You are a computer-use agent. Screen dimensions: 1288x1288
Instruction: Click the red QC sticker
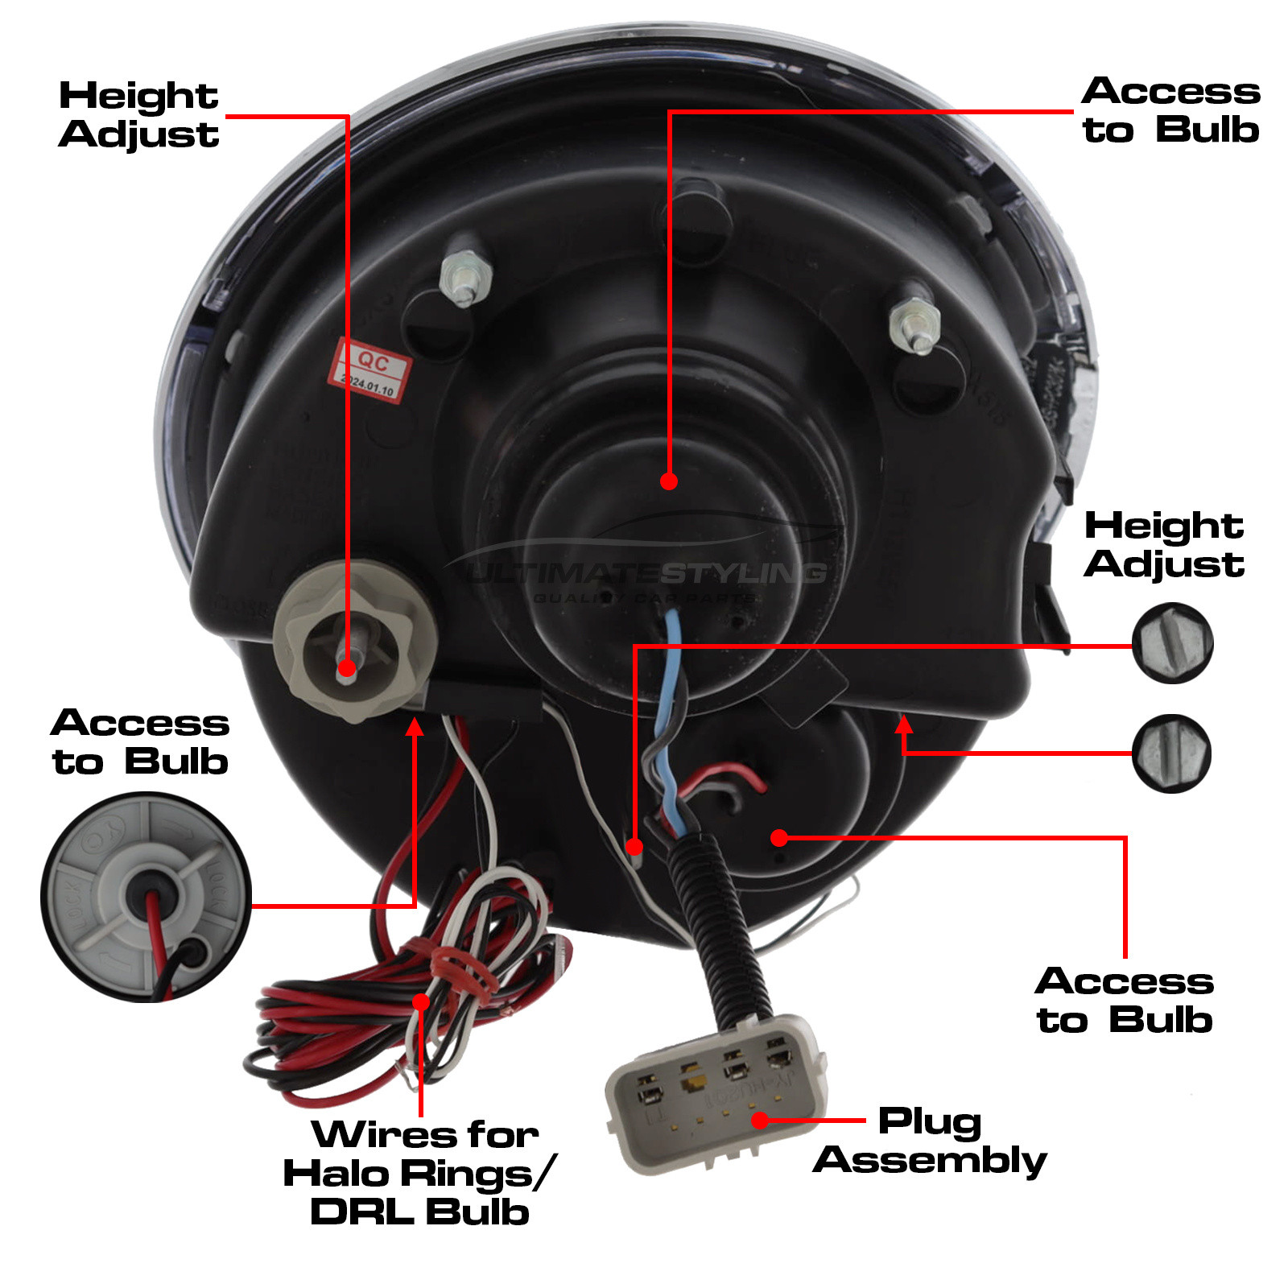pyautogui.click(x=369, y=371)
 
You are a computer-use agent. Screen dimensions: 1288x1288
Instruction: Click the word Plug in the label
pyautogui.click(x=930, y=1121)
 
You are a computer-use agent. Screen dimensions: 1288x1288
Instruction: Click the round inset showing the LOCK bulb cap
pyautogui.click(x=147, y=897)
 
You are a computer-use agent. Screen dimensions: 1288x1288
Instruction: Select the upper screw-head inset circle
pyautogui.click(x=1172, y=643)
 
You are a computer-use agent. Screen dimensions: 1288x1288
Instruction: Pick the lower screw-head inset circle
pyautogui.click(x=1171, y=753)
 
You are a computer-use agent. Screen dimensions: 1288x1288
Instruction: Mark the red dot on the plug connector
pyautogui.click(x=759, y=1121)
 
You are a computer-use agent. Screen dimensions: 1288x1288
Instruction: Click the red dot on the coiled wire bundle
pyautogui.click(x=421, y=1001)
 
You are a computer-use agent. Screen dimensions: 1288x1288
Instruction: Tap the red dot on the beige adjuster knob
pyautogui.click(x=347, y=667)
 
